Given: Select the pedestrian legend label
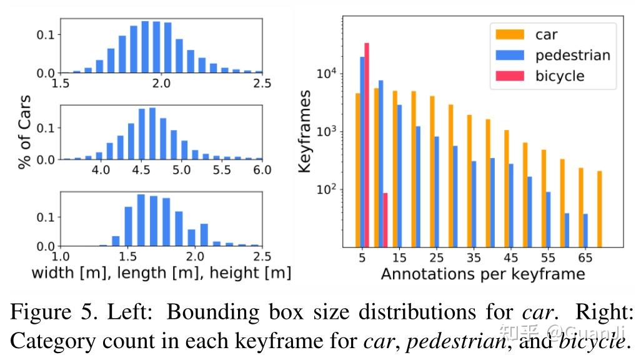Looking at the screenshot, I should click(x=572, y=55).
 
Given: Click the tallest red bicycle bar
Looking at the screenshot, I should click(x=367, y=144).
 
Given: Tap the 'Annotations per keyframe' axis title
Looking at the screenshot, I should click(x=482, y=274).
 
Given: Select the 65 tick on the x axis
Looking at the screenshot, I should click(x=585, y=257).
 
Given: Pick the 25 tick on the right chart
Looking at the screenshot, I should click(x=437, y=257).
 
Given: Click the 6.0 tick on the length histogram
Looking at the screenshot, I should click(x=262, y=170).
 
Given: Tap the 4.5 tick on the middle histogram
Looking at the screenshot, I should click(x=141, y=170).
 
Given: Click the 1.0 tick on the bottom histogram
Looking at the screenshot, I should click(x=61, y=256).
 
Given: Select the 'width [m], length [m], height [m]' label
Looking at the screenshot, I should click(x=161, y=272).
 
